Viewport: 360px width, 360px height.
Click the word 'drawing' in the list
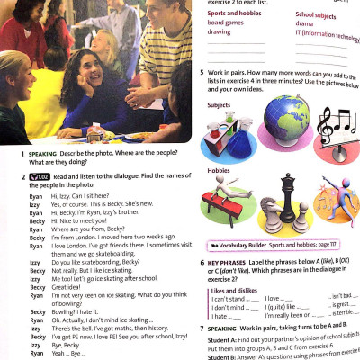(219, 32)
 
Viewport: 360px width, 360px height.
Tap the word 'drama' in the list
(305, 24)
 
